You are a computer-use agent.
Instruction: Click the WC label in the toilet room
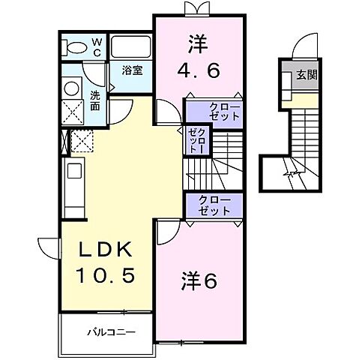(97, 46)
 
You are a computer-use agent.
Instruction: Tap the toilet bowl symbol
(76, 46)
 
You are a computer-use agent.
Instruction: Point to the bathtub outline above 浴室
(132, 46)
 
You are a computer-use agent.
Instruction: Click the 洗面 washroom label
(96, 100)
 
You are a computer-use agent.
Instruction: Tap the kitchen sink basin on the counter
(75, 171)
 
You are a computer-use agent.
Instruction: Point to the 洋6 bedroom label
(199, 281)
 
